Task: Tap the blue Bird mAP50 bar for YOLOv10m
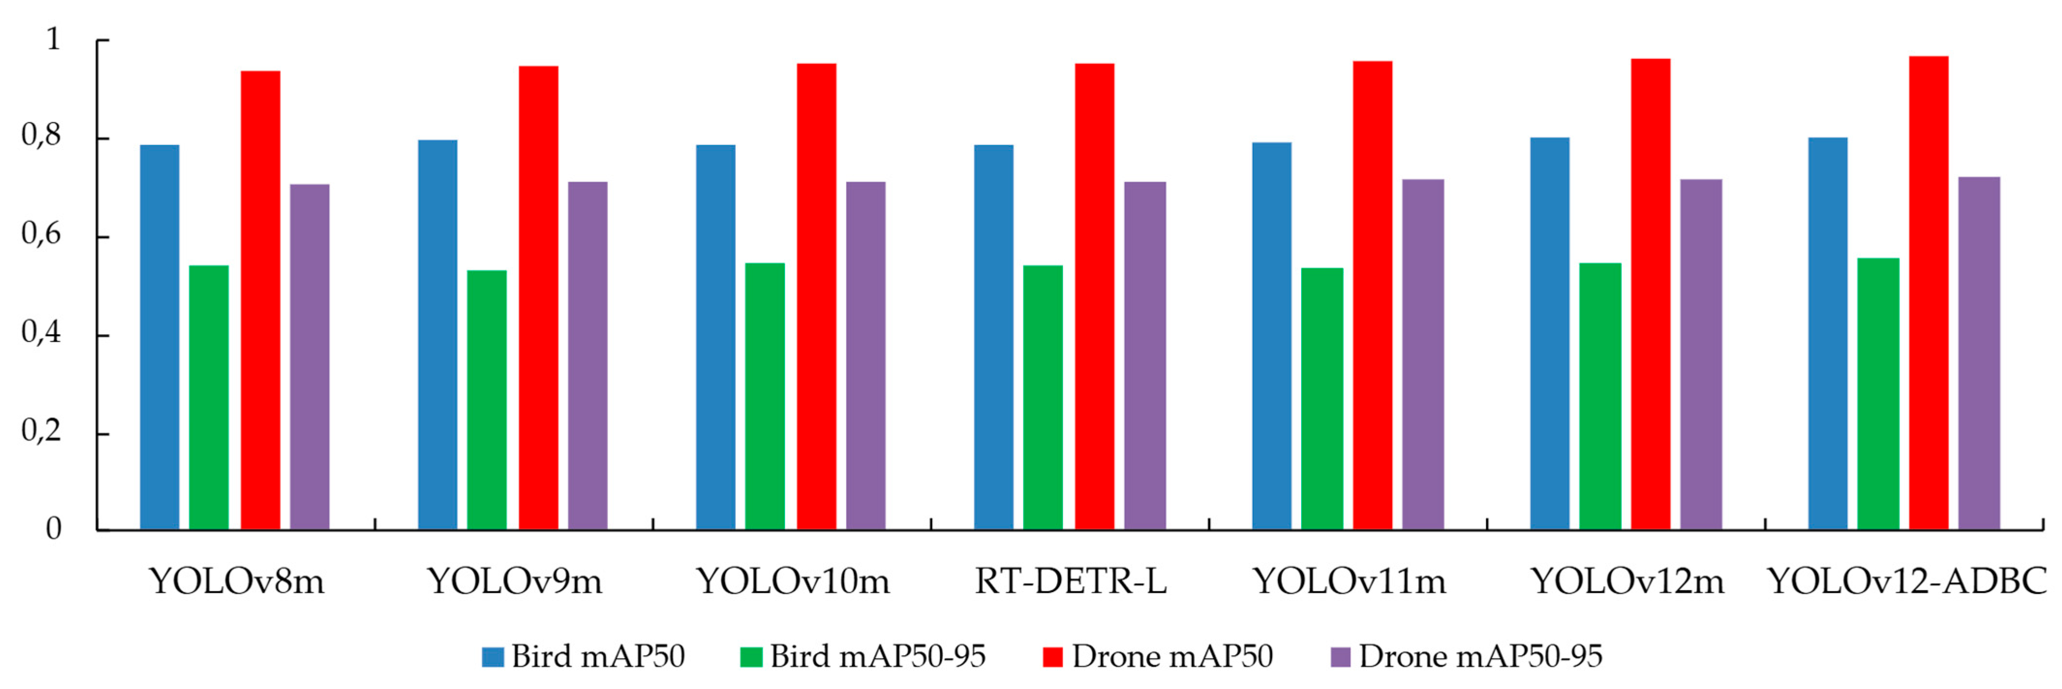(715, 337)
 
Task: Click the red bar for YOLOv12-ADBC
(1928, 292)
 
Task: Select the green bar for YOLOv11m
(1321, 399)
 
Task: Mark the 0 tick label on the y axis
(53, 529)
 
